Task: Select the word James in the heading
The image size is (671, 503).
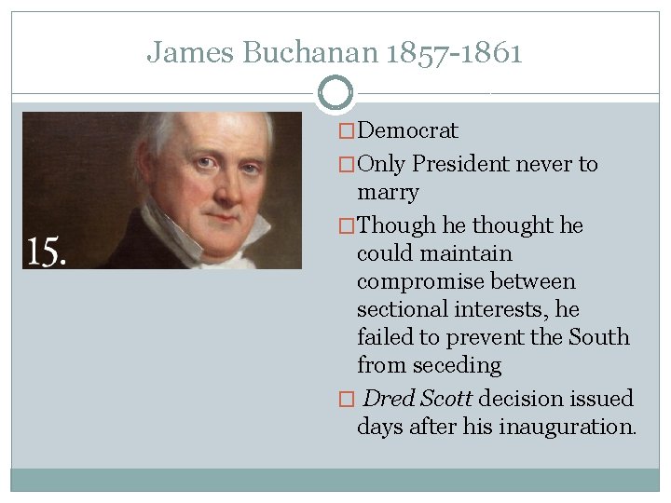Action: click(190, 52)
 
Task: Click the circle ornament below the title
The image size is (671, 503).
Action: click(335, 93)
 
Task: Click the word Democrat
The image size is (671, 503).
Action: click(407, 131)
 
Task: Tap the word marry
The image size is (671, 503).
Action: click(388, 193)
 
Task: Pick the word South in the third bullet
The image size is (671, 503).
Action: click(601, 337)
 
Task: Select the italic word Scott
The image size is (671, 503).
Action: click(445, 399)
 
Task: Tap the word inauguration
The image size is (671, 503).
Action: click(568, 427)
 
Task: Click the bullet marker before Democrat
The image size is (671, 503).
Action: click(347, 131)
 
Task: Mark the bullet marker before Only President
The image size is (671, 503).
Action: click(347, 164)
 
